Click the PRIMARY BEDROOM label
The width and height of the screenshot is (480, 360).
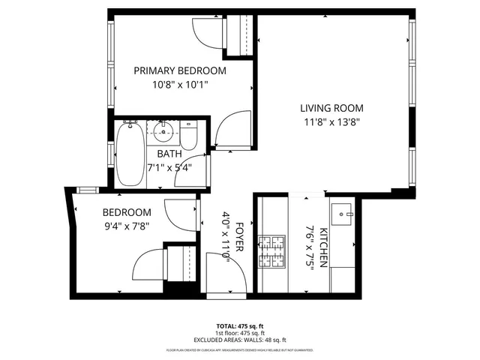click(x=179, y=70)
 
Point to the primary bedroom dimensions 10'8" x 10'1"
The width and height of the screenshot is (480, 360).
click(x=179, y=85)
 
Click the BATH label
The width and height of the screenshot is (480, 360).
click(x=169, y=154)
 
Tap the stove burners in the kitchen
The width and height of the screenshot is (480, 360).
click(x=272, y=252)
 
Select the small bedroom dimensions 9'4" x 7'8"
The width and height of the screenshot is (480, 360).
click(x=127, y=226)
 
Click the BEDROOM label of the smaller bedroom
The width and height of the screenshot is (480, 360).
click(x=127, y=212)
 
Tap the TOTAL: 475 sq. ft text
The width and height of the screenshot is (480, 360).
click(x=239, y=326)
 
